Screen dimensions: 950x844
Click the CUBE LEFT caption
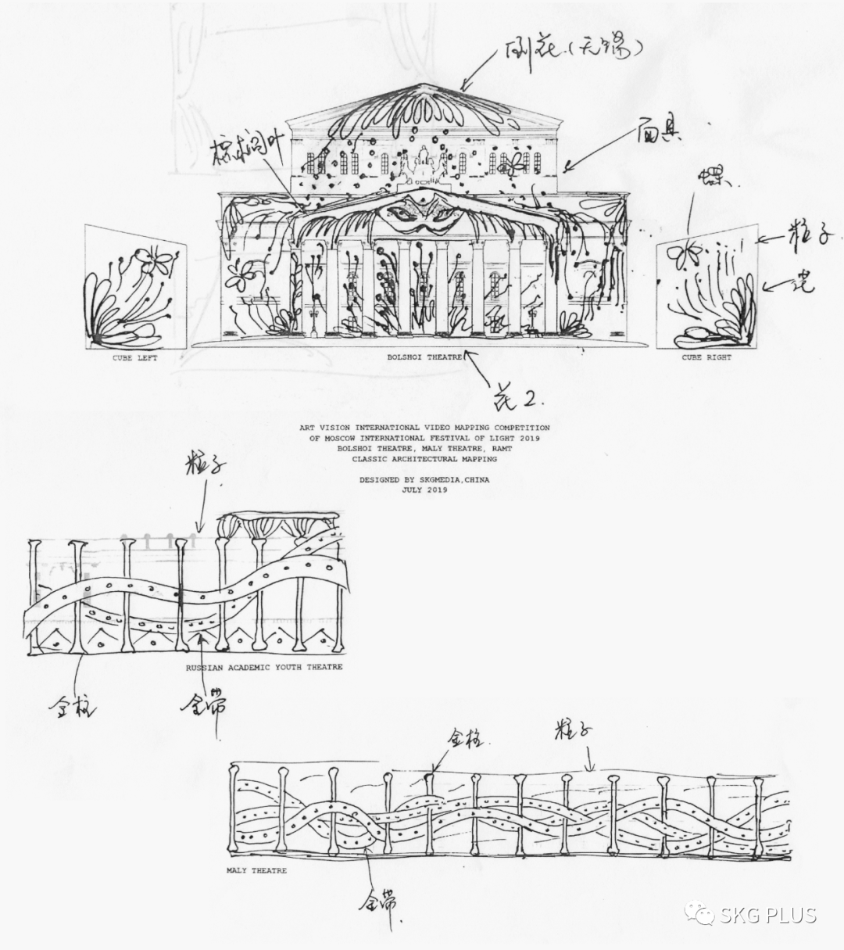pyautogui.click(x=136, y=358)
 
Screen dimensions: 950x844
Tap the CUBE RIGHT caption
pyautogui.click(x=706, y=358)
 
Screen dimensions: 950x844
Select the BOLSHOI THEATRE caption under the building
pyautogui.click(x=424, y=357)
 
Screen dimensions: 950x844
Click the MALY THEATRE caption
pyautogui.click(x=256, y=870)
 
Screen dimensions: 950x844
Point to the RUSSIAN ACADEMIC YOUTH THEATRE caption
pyautogui.click(x=263, y=667)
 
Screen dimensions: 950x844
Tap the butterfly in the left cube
pyautogui.click(x=154, y=261)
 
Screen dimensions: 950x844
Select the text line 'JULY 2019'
pyautogui.click(x=424, y=489)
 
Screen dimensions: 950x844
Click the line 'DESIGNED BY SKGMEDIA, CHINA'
pyautogui.click(x=424, y=480)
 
